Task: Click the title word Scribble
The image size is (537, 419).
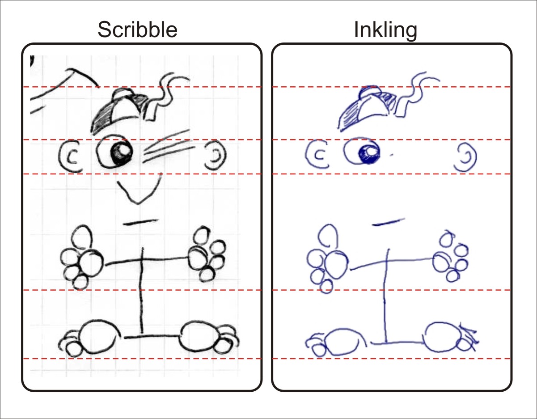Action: [137, 30]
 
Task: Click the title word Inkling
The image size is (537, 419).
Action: [385, 30]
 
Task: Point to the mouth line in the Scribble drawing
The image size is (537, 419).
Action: [140, 222]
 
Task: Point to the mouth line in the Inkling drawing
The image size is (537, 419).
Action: [388, 221]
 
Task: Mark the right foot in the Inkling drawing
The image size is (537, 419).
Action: [447, 338]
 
